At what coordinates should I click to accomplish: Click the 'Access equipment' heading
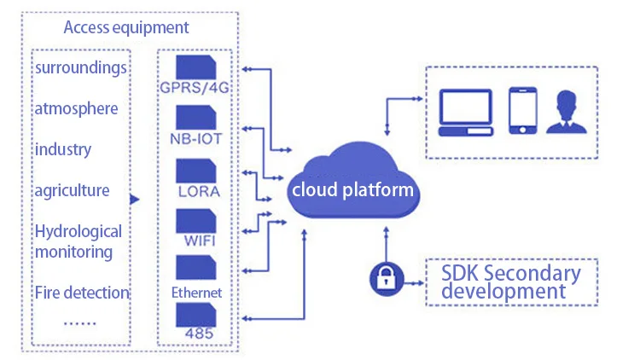126,27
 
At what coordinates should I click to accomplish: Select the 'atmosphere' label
76,108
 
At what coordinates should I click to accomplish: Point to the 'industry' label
62,149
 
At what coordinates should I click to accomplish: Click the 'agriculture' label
72,190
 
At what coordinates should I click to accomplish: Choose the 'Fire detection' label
82,293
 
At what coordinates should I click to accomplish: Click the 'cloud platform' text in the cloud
352,189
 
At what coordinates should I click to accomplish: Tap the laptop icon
467,111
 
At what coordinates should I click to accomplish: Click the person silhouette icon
569,111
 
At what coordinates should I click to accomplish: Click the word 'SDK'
465,275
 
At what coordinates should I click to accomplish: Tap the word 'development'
503,293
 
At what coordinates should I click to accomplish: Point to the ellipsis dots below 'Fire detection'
80,322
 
